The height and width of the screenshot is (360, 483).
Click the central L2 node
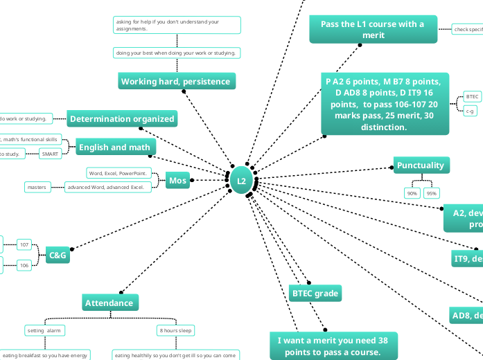(241, 181)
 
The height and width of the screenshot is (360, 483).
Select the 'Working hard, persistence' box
(176, 82)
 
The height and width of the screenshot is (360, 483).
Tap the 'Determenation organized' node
(122, 119)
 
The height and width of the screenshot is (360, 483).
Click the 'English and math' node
(112, 147)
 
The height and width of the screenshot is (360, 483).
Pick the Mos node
(178, 181)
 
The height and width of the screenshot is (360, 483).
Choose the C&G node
(58, 255)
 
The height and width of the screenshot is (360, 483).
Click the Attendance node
(109, 303)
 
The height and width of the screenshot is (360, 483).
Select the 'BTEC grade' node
(315, 294)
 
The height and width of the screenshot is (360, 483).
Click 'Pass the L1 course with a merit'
(373, 29)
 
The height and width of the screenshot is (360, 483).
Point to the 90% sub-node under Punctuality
(412, 193)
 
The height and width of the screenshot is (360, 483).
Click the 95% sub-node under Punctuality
(432, 193)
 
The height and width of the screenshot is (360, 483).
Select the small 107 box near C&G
(24, 244)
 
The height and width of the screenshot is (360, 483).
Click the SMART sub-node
(50, 154)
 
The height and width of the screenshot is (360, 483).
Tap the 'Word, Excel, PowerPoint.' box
(117, 173)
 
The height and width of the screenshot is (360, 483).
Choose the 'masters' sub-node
(36, 187)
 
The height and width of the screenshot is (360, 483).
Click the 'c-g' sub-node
(471, 110)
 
